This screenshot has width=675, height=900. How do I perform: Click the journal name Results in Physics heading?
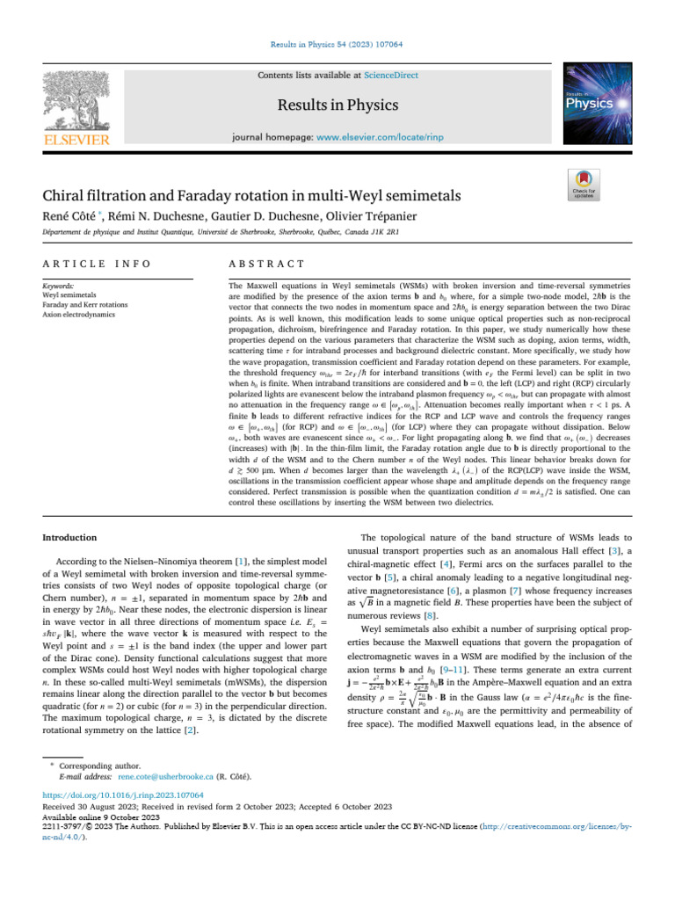click(338, 105)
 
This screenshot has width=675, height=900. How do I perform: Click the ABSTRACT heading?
click(265, 263)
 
